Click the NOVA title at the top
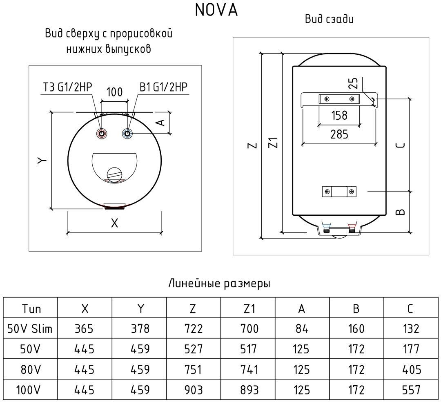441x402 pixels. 216,11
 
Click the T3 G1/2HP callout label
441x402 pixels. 67,87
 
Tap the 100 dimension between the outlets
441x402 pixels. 114,92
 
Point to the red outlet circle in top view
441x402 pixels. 101,134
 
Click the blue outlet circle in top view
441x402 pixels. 128,134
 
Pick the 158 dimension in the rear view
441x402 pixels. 339,115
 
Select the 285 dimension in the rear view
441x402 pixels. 339,134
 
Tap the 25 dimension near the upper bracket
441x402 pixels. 354,83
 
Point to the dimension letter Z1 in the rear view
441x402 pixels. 275,143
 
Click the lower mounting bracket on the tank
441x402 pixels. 339,191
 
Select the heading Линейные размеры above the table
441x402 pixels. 219,284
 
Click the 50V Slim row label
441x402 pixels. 30,328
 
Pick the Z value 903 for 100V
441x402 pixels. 193,390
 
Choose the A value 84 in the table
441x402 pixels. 302,328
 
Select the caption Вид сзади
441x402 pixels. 329,19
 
